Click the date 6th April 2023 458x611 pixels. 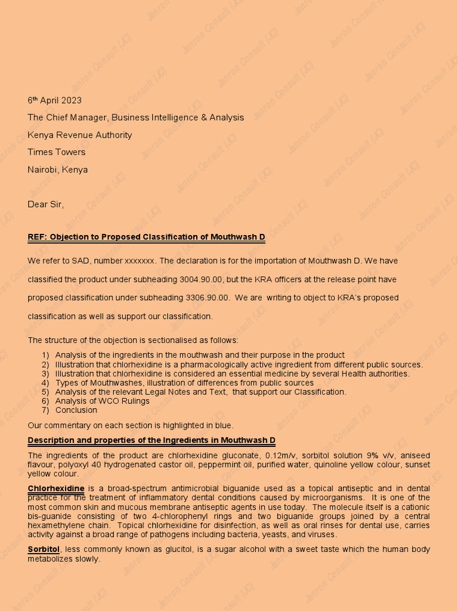pos(54,100)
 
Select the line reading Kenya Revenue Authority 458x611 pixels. pos(79,135)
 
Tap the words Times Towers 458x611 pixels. pos(56,152)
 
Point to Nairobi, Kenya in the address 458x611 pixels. pos(57,169)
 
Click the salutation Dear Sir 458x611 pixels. pos(45,204)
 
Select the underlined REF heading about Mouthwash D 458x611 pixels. pos(146,237)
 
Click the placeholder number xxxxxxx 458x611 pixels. pos(140,261)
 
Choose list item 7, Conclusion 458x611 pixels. pos(76,410)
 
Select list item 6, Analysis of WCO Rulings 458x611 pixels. pos(102,401)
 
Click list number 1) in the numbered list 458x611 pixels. pos(45,355)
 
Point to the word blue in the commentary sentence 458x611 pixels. pos(224,425)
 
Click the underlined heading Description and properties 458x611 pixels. pos(151,440)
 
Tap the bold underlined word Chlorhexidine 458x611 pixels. pos(56,489)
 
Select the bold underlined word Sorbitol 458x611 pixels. pos(44,549)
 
